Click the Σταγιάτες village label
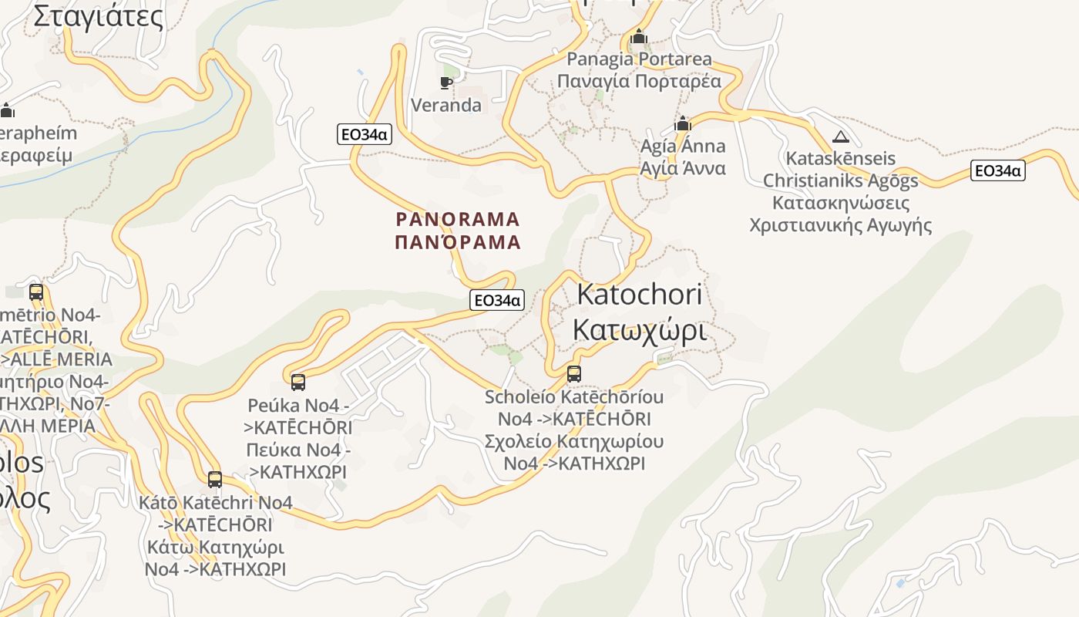[x=99, y=15]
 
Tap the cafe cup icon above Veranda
[x=445, y=82]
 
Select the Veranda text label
[x=446, y=105]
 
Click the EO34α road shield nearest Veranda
[x=365, y=134]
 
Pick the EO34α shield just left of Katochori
[x=497, y=300]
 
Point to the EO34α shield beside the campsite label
[x=997, y=170]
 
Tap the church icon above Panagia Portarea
[x=638, y=37]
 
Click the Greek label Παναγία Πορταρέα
[x=639, y=81]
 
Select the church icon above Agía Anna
[x=683, y=123]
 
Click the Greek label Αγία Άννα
[x=683, y=168]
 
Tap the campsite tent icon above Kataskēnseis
[x=840, y=137]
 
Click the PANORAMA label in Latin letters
[x=458, y=220]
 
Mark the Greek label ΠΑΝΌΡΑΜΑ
[x=458, y=242]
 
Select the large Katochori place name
[x=639, y=294]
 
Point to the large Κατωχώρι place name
[x=639, y=329]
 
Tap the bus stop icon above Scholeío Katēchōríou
[x=574, y=374]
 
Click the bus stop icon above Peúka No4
[x=298, y=382]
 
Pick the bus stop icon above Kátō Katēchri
[x=215, y=480]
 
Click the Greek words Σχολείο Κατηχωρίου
[x=573, y=442]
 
